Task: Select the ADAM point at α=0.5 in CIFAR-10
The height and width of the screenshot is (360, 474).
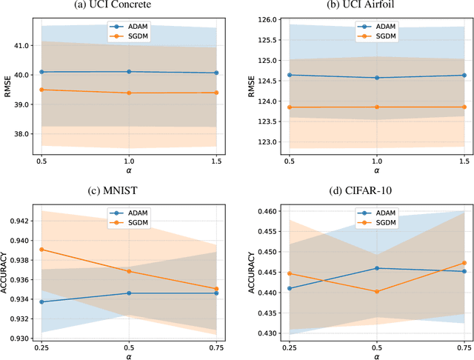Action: tap(376, 268)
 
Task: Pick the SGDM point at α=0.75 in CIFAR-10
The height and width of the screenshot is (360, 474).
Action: tap(464, 263)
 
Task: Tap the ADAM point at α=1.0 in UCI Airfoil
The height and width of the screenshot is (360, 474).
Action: tap(376, 78)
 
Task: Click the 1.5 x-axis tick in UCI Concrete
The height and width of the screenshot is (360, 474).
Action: tap(217, 161)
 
